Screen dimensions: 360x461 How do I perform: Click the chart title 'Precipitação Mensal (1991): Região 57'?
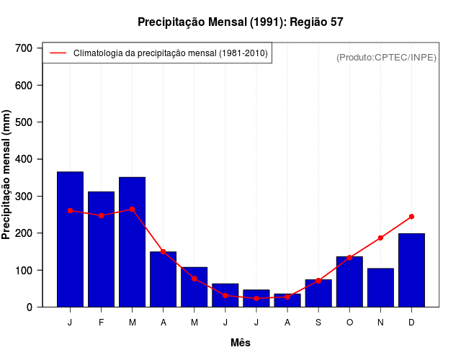(240, 22)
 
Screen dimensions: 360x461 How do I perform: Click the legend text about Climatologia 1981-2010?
(171, 53)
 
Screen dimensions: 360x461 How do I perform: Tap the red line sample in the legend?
(58, 53)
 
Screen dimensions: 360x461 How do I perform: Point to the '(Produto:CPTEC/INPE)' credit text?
(386, 57)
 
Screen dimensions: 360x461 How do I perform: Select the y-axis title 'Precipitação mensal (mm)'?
(7, 175)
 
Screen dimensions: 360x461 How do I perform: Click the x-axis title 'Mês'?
(241, 343)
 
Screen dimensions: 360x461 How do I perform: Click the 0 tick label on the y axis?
(30, 307)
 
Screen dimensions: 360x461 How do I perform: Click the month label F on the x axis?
(102, 323)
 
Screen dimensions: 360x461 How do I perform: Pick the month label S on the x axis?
(318, 323)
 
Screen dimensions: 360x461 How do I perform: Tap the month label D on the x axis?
(411, 323)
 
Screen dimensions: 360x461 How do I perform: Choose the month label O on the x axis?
(349, 323)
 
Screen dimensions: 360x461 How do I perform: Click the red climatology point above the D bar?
(411, 216)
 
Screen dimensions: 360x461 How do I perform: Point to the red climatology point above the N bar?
(380, 238)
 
